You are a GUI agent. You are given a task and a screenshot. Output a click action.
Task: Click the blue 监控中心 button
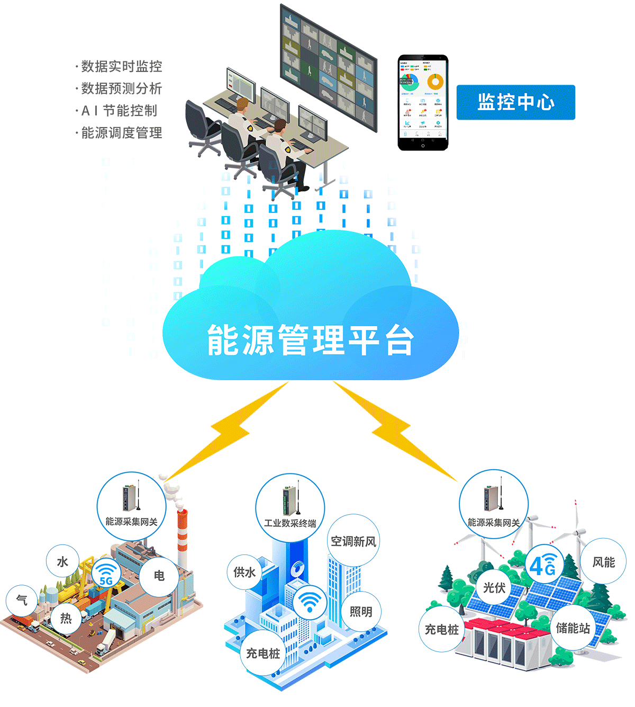pos(515,102)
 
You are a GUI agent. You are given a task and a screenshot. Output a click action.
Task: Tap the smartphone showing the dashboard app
pos(423,103)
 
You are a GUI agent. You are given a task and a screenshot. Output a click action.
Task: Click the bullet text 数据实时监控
pos(121,67)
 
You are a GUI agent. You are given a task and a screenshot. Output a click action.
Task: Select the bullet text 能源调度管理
pos(121,133)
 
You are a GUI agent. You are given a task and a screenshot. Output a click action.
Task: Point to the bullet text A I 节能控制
pos(119,111)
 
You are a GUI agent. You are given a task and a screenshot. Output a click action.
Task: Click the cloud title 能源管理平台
pos(310,339)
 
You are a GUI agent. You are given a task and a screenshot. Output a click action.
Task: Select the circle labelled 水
pos(62,562)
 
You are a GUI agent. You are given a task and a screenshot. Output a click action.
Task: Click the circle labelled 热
pos(66,618)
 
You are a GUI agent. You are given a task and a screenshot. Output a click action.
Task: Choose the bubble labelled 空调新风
pos(353,541)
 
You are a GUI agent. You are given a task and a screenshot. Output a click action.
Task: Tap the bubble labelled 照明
pos(361,612)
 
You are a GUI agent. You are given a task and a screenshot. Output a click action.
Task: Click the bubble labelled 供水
pos(244,572)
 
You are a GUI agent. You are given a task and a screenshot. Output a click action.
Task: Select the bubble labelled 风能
pos(603,562)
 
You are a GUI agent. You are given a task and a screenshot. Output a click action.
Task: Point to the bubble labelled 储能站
pos(573,628)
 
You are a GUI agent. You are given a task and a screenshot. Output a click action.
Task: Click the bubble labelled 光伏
pos(494,587)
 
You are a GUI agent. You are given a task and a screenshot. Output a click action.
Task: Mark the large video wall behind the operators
pos(328,69)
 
